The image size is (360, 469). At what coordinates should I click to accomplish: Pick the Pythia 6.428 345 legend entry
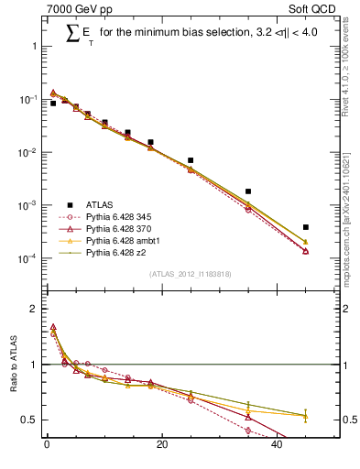tap(120, 217)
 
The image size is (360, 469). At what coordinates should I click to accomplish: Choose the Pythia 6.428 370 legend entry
tap(120, 229)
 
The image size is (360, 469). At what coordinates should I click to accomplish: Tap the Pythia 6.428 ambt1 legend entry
tap(122, 241)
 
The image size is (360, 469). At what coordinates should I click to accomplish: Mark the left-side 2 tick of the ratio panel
tap(33, 309)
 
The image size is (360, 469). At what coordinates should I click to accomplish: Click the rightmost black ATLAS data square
tap(306, 227)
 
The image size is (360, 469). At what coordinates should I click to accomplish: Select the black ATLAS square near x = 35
tap(248, 191)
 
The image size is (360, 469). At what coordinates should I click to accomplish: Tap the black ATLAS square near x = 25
tap(191, 160)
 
